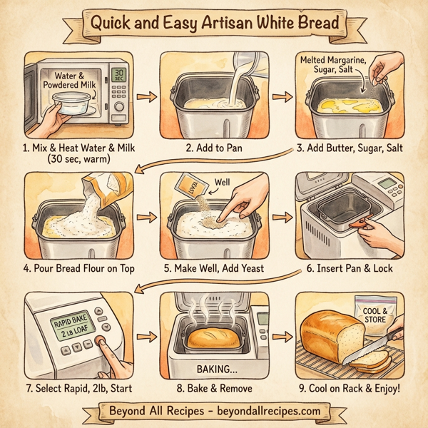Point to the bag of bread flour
click(x=113, y=191)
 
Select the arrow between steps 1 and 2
click(x=145, y=96)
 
